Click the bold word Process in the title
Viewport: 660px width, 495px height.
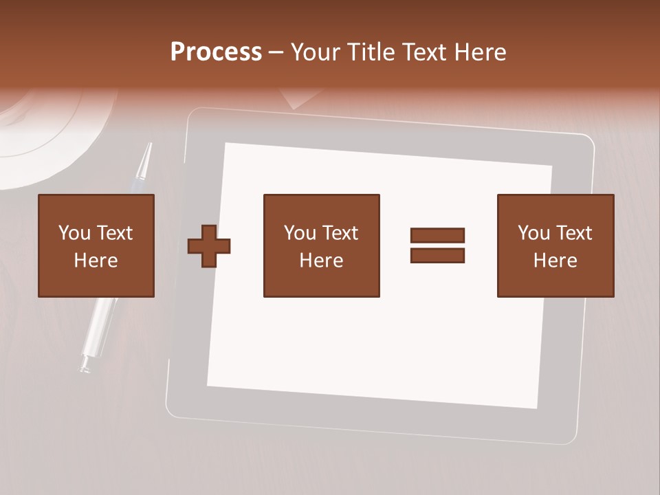(216, 52)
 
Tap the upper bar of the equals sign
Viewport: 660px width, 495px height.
(437, 235)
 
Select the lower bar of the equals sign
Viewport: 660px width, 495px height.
(437, 255)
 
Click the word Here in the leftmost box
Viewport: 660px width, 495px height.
(96, 261)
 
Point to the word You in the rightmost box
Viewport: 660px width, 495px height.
(534, 233)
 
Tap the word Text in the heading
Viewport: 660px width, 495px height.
(424, 52)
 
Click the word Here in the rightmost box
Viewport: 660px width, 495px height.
(555, 261)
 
